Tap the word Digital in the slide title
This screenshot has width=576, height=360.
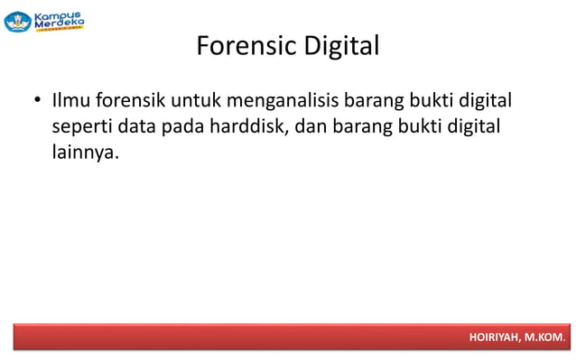pos(340,45)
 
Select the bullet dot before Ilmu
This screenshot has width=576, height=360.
pos(37,98)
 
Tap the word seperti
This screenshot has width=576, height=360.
pos(81,125)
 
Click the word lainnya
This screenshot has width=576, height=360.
pos(85,152)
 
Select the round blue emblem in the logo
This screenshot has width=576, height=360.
pos(18,22)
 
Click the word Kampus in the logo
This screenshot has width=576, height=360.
pos(58,16)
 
